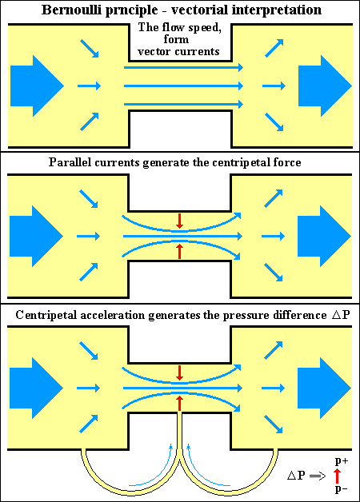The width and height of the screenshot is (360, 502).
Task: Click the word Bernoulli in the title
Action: tap(70, 10)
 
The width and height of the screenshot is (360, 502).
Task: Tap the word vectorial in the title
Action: tap(199, 10)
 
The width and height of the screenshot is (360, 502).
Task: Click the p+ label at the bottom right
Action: tap(342, 461)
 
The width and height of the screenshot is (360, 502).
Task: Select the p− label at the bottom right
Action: tap(341, 489)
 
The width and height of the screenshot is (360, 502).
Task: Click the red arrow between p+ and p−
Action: tap(337, 476)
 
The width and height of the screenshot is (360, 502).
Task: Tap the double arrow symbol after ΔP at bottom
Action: tap(318, 476)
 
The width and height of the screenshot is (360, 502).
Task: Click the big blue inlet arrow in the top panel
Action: tap(37, 86)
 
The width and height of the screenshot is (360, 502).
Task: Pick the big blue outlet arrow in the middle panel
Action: tap(324, 237)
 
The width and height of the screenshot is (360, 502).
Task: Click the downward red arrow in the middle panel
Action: tap(180, 221)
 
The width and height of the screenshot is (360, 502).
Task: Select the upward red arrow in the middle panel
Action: tap(180, 252)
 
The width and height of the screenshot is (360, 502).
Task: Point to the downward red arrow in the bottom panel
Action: tap(180, 373)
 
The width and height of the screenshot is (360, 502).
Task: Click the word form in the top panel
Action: tap(176, 39)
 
